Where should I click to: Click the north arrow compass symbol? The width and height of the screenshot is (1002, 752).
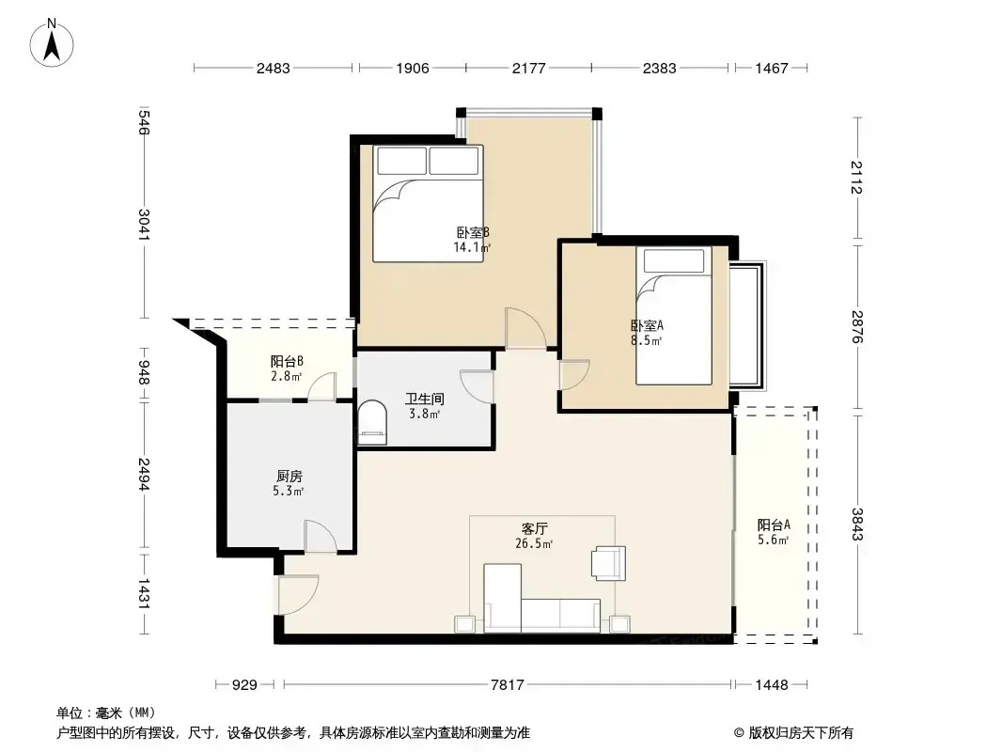click(x=52, y=43)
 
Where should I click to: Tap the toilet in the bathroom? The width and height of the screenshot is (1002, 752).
click(x=372, y=422)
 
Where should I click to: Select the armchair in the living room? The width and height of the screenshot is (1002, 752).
click(x=609, y=563)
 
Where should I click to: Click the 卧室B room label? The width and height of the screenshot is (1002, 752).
click(x=473, y=232)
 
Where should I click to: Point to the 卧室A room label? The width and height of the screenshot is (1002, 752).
click(x=647, y=325)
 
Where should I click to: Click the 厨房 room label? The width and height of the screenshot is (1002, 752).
click(x=289, y=476)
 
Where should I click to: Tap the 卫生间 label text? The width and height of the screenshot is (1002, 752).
click(x=424, y=399)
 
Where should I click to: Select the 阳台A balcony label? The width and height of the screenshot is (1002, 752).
click(x=774, y=525)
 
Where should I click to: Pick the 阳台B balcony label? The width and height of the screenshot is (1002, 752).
click(x=287, y=362)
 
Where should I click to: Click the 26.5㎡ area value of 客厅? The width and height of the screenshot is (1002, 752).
click(x=534, y=543)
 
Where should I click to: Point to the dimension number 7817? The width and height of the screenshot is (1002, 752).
click(x=507, y=685)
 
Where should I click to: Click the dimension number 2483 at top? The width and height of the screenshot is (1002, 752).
click(x=274, y=68)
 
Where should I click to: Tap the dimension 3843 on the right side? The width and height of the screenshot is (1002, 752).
click(x=857, y=524)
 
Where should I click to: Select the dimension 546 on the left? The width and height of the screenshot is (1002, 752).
click(x=145, y=122)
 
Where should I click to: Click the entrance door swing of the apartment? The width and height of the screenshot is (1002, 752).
click(x=298, y=595)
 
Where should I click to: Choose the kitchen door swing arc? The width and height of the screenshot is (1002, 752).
click(x=321, y=536)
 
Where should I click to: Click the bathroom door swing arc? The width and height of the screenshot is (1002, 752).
click(x=477, y=386)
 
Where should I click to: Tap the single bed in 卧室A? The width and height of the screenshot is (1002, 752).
click(x=674, y=316)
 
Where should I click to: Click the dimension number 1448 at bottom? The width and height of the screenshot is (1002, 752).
click(x=772, y=685)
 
